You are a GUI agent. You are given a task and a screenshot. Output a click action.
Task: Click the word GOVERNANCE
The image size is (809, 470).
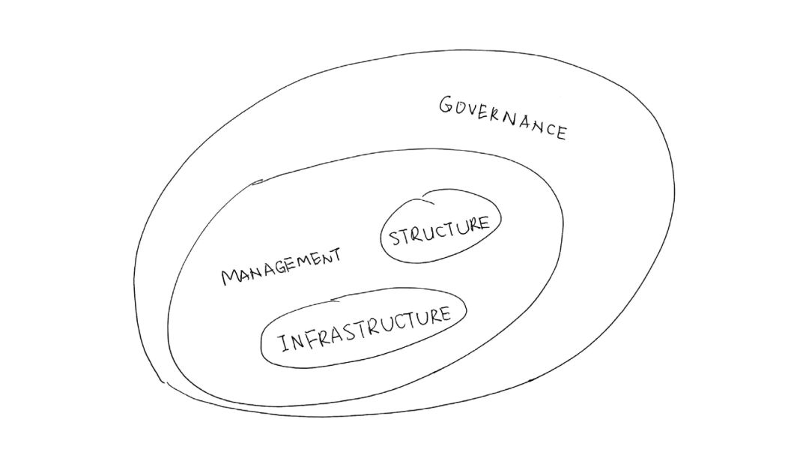[x=503, y=117]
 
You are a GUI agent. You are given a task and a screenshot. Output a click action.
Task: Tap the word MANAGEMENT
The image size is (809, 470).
[x=281, y=266]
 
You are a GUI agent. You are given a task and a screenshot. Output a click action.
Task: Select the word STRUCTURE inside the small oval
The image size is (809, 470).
[x=439, y=232]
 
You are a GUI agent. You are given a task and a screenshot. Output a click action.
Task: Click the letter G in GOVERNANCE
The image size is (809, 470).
[x=446, y=104]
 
